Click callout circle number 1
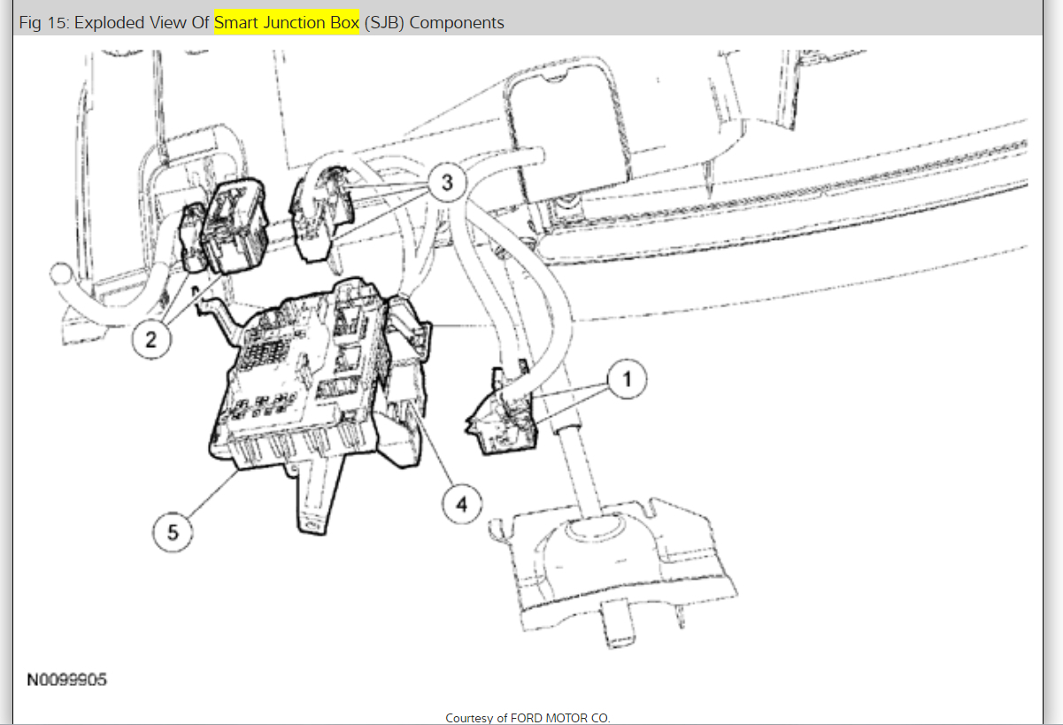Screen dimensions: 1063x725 (627, 379)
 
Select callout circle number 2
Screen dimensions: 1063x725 (150, 339)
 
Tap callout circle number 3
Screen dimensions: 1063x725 (447, 182)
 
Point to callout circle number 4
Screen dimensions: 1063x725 (462, 505)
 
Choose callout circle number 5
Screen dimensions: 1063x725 (173, 532)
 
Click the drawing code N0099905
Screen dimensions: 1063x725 (67, 680)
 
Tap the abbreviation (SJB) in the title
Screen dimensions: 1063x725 (384, 22)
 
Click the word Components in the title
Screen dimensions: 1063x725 (457, 23)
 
